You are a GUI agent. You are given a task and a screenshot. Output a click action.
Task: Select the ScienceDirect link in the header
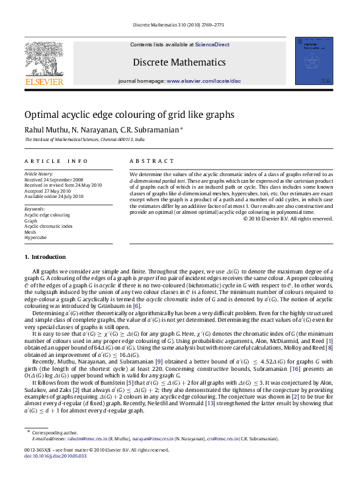click(x=212, y=44)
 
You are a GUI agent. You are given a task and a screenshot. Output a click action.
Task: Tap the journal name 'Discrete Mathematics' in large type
click(x=179, y=62)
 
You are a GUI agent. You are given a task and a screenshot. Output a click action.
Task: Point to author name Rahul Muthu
click(x=45, y=130)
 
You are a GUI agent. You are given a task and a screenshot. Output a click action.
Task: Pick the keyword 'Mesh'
click(x=30, y=232)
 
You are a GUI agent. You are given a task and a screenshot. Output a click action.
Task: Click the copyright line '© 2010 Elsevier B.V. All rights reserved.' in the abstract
click(x=288, y=219)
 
